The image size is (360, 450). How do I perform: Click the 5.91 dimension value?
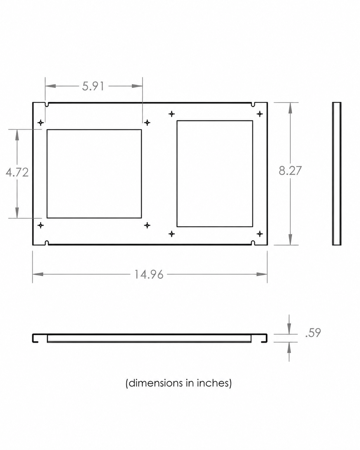tap(93, 86)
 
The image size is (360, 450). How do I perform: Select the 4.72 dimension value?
tap(17, 173)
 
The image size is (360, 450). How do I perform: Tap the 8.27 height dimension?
tap(290, 171)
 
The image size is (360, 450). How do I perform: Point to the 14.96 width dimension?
tap(149, 274)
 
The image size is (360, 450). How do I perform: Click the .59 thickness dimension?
tap(313, 333)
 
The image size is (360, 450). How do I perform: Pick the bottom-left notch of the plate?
tap(47, 243)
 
